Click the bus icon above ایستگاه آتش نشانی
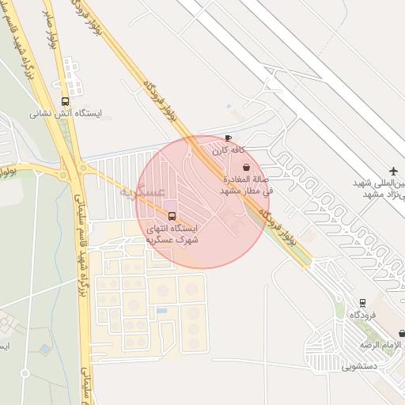click(65, 101)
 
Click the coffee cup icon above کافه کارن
click(229, 138)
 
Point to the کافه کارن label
click(229, 150)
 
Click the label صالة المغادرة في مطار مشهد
click(246, 185)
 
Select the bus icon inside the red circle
click(172, 216)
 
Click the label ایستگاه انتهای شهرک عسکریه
click(172, 233)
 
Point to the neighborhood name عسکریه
click(143, 192)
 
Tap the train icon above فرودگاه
click(362, 302)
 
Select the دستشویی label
click(361, 367)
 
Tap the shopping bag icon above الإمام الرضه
click(402, 334)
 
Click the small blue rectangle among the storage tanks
click(161, 311)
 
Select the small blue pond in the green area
click(45, 348)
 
